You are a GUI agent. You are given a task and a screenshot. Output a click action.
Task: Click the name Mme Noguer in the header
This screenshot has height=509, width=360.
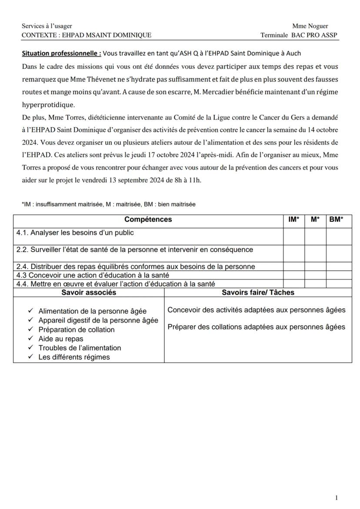pyautogui.click(x=310, y=26)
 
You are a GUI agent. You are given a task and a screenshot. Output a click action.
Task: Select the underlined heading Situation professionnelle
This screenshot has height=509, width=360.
pyautogui.click(x=61, y=53)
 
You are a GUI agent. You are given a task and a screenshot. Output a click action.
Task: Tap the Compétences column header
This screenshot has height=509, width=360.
pyautogui.click(x=148, y=220)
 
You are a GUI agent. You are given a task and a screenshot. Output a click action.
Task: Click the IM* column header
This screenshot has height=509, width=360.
pyautogui.click(x=293, y=220)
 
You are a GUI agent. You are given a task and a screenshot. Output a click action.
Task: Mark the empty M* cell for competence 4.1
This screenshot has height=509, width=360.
pyautogui.click(x=315, y=236)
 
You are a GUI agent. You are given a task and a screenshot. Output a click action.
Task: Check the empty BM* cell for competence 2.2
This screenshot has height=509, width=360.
pyautogui.click(x=339, y=253)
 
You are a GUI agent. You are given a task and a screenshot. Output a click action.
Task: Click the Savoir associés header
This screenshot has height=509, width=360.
pyautogui.click(x=89, y=293)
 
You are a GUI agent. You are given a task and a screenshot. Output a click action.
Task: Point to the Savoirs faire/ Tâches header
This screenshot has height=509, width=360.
pyautogui.click(x=258, y=293)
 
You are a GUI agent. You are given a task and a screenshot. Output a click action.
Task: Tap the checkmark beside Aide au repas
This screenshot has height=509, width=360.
pyautogui.click(x=30, y=339)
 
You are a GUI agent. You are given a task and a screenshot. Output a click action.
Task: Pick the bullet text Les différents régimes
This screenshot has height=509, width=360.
pyautogui.click(x=74, y=357)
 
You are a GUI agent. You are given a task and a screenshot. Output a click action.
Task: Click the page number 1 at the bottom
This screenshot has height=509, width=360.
pyautogui.click(x=336, y=498)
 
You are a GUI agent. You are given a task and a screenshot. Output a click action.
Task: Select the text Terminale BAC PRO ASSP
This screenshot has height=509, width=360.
pyautogui.click(x=299, y=35)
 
